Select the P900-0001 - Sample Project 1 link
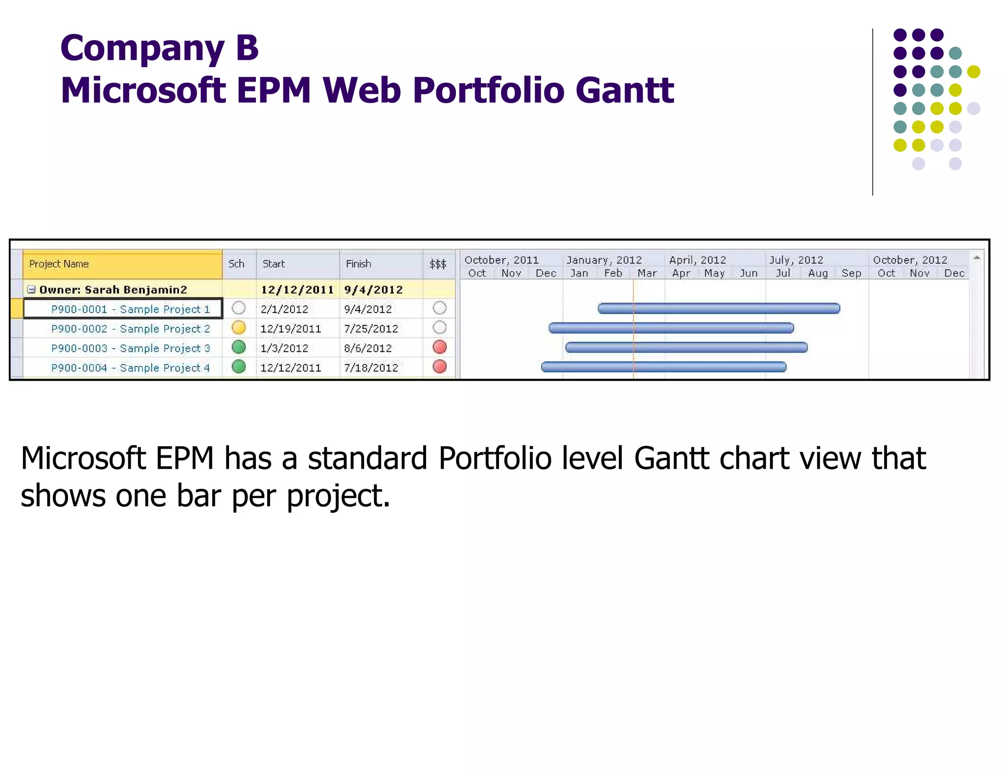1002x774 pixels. tap(130, 309)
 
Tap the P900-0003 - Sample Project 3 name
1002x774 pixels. tap(130, 348)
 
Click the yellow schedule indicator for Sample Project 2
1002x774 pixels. tap(239, 328)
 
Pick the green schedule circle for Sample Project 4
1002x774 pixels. tap(239, 367)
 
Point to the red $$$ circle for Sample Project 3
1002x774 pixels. tap(440, 347)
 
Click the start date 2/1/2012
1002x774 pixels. tap(284, 309)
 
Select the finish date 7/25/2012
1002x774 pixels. tap(371, 329)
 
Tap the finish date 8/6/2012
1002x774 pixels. tap(367, 348)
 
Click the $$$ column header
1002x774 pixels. tap(438, 264)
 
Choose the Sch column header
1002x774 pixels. tap(237, 264)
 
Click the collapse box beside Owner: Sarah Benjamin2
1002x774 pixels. tap(31, 290)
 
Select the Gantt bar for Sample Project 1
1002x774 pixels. tap(719, 308)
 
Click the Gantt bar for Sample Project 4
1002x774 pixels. tap(663, 367)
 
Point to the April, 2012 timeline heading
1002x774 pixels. tap(697, 260)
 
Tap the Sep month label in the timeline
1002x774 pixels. tap(851, 273)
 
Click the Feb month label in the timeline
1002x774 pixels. tap(613, 273)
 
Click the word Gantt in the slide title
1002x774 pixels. tap(625, 91)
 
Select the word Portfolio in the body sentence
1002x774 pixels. tap(495, 458)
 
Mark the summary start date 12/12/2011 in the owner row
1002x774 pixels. tap(297, 290)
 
